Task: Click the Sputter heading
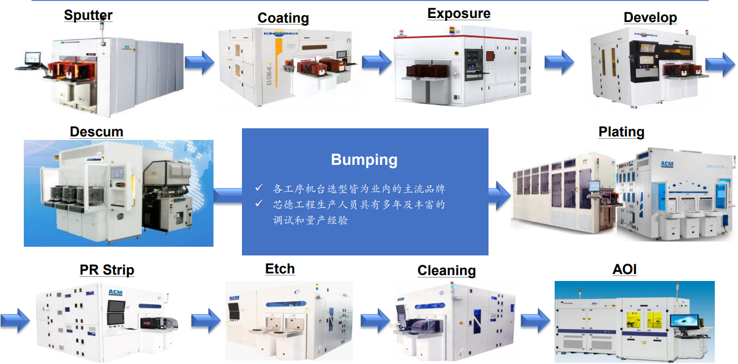[x=88, y=15]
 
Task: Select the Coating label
[x=283, y=18]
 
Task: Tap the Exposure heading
[x=459, y=13]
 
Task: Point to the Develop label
[x=650, y=17]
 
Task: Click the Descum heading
[x=96, y=132]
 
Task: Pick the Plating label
[x=621, y=132]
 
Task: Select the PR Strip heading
[x=107, y=270]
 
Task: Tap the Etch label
[x=280, y=269]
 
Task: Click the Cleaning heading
[x=446, y=271]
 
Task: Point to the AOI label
[x=624, y=269]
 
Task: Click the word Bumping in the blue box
[x=364, y=160]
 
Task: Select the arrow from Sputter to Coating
[x=200, y=62]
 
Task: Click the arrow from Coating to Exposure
[x=377, y=62]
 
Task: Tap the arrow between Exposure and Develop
[x=559, y=62]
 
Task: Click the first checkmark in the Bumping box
[x=259, y=188]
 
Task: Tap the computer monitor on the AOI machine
[x=685, y=321]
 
